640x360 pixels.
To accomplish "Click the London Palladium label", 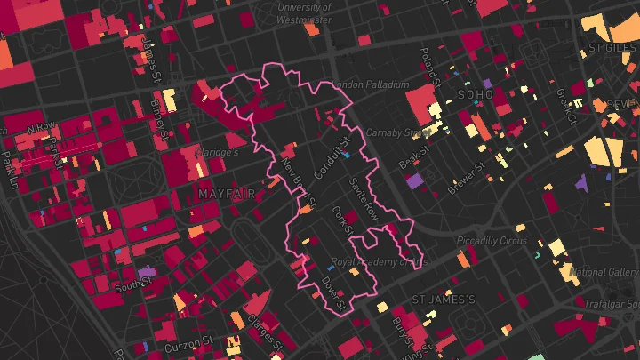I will click(x=371, y=84).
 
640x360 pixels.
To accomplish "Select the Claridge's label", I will click(x=217, y=152).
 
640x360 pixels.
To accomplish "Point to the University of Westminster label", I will click(x=305, y=12).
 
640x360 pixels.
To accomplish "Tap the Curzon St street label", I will click(x=189, y=341).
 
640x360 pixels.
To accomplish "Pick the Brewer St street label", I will click(x=468, y=180).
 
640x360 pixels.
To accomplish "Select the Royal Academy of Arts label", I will click(x=380, y=262).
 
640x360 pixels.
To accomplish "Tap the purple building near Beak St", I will click(x=414, y=180).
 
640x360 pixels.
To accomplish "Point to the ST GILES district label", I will click(x=613, y=47).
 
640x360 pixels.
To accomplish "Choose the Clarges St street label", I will click(x=267, y=332).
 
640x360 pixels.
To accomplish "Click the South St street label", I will click(x=134, y=284).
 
